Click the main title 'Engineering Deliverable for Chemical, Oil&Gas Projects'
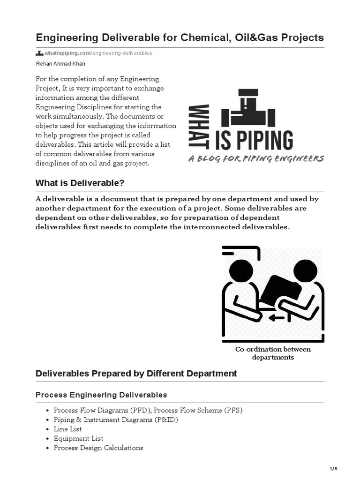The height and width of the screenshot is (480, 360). tap(180, 37)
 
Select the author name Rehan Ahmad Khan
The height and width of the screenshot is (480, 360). tap(60, 64)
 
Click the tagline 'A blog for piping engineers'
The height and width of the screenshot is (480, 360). tap(256, 159)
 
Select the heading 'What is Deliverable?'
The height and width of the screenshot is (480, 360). tap(80, 182)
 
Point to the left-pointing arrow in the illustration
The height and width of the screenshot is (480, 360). tap(277, 318)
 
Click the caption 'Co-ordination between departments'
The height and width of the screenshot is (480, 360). tap(273, 353)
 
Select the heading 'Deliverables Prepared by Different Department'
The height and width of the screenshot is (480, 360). tap(136, 374)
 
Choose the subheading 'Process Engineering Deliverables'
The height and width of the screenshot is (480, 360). tap(101, 395)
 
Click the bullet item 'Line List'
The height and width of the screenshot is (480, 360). tap(67, 429)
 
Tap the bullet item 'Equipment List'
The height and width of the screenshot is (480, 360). tap(78, 438)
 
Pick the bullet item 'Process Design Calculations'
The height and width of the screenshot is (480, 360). tap(98, 448)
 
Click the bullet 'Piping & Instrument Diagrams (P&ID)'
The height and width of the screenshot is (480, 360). tap(116, 420)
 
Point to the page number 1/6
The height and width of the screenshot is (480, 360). tap(333, 469)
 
